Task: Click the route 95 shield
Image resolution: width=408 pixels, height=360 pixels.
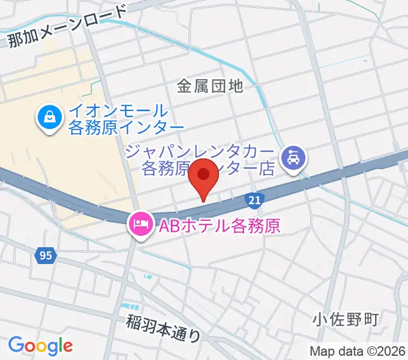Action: pyautogui.click(x=46, y=256)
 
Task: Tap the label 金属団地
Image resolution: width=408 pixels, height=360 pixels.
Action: pyautogui.click(x=210, y=86)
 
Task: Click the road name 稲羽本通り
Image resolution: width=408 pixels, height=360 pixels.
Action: pyautogui.click(x=163, y=328)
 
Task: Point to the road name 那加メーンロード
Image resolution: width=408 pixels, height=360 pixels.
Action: pyautogui.click(x=68, y=27)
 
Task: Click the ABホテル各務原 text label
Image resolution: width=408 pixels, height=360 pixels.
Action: pyautogui.click(x=218, y=226)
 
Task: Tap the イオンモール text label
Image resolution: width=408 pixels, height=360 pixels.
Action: pyautogui.click(x=118, y=110)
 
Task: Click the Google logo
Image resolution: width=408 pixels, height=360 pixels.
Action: pyautogui.click(x=40, y=345)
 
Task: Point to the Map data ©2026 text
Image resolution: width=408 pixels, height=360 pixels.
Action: pyautogui.click(x=358, y=351)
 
